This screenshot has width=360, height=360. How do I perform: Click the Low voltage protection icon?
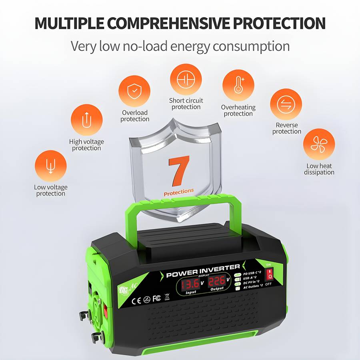pos(50,166)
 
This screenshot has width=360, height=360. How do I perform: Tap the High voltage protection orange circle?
pos(86,120)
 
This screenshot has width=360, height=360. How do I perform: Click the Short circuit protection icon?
pos(186,79)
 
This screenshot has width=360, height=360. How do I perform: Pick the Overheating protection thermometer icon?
pos(238,86)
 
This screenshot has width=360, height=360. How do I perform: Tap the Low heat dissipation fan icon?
pos(319,144)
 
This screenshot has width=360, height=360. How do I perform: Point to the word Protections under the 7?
pos(179,192)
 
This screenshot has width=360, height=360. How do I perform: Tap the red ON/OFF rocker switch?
pos(270,274)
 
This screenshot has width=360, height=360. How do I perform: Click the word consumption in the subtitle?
pos(251,46)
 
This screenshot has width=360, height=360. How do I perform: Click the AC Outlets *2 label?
pos(253,286)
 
